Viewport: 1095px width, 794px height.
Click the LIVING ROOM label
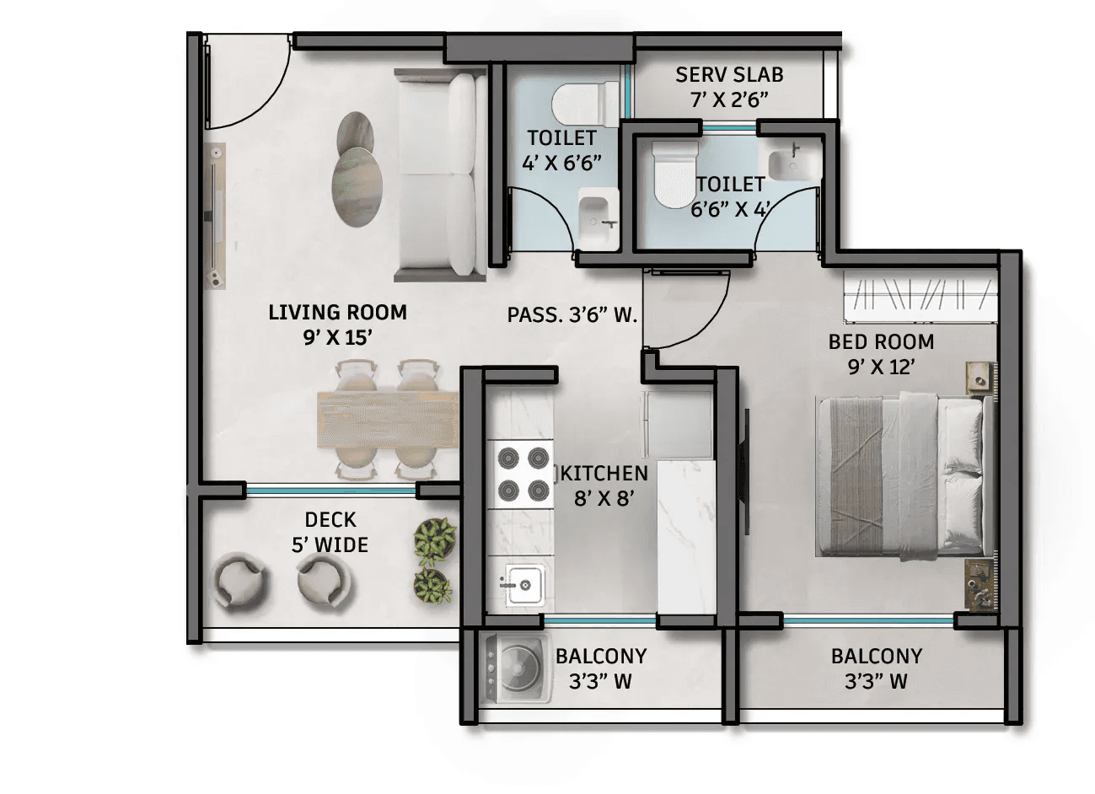click(x=337, y=312)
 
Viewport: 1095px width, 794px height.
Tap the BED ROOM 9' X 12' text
click(x=881, y=354)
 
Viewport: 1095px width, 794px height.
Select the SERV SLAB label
click(x=729, y=75)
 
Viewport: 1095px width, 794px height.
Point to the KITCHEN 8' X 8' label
click(x=604, y=486)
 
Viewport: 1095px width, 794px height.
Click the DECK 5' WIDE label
click(x=330, y=532)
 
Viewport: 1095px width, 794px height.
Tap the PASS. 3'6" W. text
click(x=572, y=315)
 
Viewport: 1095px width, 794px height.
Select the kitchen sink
click(x=524, y=585)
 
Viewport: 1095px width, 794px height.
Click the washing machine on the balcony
click(x=516, y=669)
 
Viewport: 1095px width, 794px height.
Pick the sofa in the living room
click(x=441, y=176)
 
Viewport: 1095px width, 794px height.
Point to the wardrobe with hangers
click(x=920, y=297)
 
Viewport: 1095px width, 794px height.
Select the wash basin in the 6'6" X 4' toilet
click(x=793, y=164)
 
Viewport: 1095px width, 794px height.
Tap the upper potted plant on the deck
click(x=434, y=541)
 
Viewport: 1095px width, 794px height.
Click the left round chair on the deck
click(x=239, y=582)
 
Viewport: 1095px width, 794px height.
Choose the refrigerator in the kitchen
click(x=676, y=424)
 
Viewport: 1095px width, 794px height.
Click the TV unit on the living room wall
click(x=215, y=216)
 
